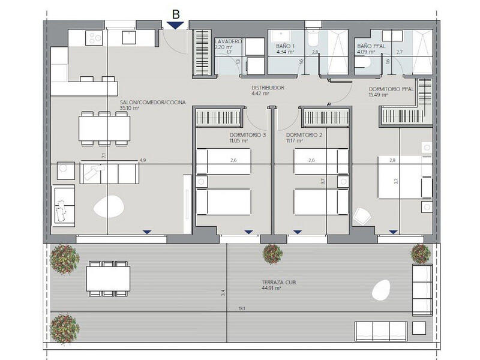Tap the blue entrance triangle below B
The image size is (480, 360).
coord(175,25)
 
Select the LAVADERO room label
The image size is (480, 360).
coord(227,41)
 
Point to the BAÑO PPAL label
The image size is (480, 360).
coord(368,46)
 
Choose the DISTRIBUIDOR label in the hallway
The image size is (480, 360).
coord(267,88)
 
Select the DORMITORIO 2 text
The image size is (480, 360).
coord(304,136)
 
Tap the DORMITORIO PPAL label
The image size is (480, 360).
coord(390,89)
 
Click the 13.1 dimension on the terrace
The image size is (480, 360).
coord(241,310)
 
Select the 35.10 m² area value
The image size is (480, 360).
coord(130,109)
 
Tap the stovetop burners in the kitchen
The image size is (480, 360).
coord(94,37)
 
